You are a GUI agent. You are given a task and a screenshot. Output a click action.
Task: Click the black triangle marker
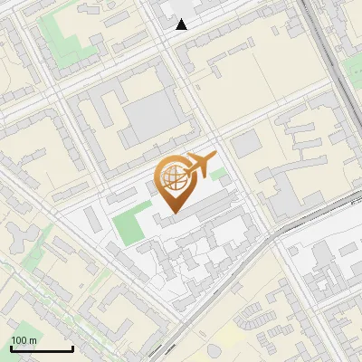pyautogui.click(x=182, y=24)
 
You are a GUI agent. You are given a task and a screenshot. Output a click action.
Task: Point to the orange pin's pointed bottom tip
pyautogui.click(x=172, y=212)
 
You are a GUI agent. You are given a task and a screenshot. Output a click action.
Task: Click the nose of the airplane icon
pyautogui.click(x=214, y=157)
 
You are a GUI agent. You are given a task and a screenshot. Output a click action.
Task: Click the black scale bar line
pyautogui.click(x=42, y=349)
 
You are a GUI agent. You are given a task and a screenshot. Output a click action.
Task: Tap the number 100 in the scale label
pyautogui.click(x=19, y=340)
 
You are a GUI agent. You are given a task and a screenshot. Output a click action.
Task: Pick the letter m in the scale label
pyautogui.click(x=33, y=340)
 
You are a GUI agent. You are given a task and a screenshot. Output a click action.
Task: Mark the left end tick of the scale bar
pyautogui.click(x=11, y=348)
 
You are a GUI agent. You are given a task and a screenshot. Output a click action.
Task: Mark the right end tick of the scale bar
pyautogui.click(x=72, y=348)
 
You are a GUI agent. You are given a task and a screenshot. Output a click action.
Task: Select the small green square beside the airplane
pyautogui.click(x=218, y=173)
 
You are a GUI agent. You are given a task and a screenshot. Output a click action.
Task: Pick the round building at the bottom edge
pyautogui.click(x=214, y=350)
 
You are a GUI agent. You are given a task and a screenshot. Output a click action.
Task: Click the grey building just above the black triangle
pyautogui.click(x=177, y=8)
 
